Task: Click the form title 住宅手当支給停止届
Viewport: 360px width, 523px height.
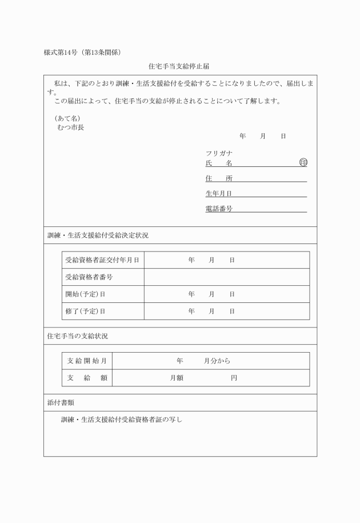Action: pyautogui.click(x=179, y=66)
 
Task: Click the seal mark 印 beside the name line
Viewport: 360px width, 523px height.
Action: pyautogui.click(x=303, y=163)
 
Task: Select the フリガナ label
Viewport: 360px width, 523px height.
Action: pyautogui.click(x=219, y=153)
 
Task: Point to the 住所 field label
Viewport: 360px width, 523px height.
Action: pyautogui.click(x=219, y=178)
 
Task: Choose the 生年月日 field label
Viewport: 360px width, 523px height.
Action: pyautogui.click(x=219, y=194)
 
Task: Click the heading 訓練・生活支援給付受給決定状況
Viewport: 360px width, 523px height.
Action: pyautogui.click(x=98, y=235)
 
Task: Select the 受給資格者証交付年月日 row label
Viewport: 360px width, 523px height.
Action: pyautogui.click(x=102, y=260)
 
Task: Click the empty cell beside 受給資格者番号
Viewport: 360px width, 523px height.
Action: pyautogui.click(x=226, y=277)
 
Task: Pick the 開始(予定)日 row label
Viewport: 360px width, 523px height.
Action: pyautogui.click(x=85, y=294)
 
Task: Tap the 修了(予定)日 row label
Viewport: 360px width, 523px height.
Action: pyautogui.click(x=85, y=312)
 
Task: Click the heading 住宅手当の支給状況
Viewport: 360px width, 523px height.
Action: pyautogui.click(x=77, y=336)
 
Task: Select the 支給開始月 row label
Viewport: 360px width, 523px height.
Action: pyautogui.click(x=87, y=361)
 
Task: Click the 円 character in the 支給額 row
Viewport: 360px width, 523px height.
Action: pyautogui.click(x=234, y=378)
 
